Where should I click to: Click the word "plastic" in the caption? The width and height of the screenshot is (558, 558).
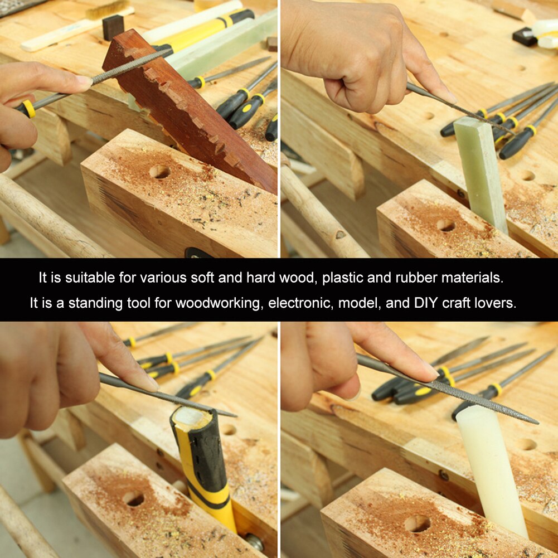342,278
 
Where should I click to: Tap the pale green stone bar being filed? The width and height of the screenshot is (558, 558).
481,174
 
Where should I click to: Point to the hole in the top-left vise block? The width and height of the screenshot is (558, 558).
159,172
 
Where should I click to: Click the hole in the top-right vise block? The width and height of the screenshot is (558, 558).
445,225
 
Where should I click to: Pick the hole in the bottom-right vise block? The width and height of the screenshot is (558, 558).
417,523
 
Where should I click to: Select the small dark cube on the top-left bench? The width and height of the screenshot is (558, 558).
113,27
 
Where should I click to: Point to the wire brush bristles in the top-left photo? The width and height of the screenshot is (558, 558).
108,8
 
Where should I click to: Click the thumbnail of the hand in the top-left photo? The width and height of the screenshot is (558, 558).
84,80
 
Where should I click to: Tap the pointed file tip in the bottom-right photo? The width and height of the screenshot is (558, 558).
537,423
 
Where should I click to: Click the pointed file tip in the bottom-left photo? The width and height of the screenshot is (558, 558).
235,415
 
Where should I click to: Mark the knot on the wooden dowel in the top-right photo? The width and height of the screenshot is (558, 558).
341,235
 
